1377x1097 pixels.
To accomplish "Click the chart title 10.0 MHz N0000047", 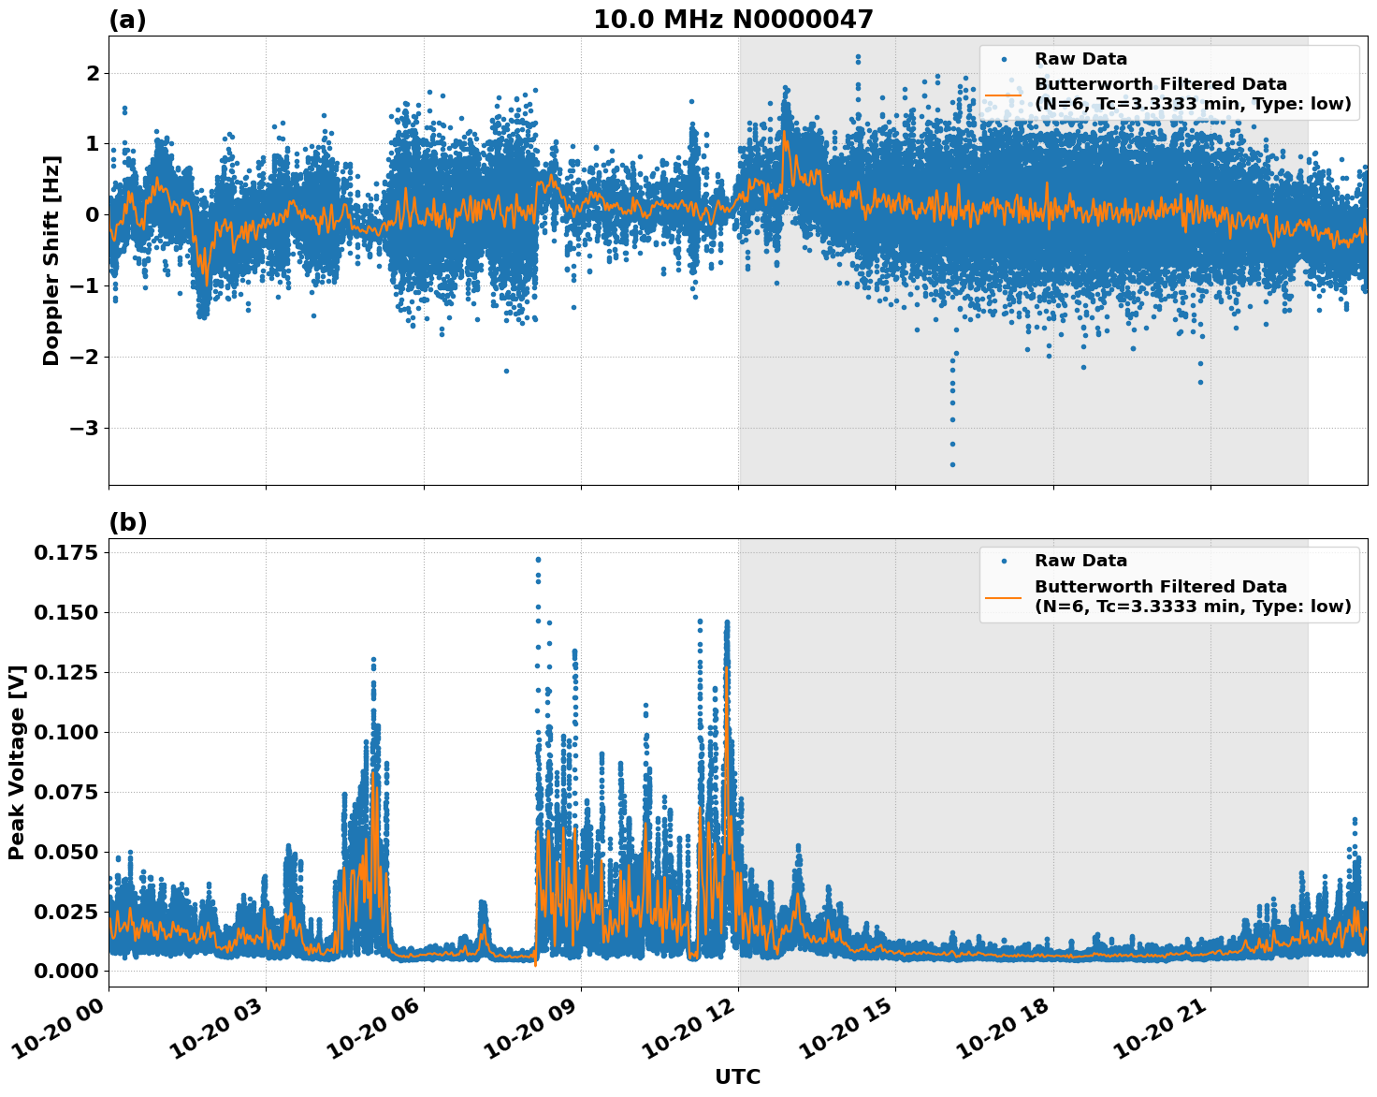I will coord(732,20).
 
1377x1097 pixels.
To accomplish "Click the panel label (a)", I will coord(127,20).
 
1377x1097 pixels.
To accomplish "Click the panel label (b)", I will coord(127,522).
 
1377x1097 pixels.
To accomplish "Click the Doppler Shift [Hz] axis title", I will coord(51,260).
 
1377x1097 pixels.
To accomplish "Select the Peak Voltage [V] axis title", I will coord(16,762).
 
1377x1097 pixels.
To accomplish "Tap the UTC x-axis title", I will coord(737,1076).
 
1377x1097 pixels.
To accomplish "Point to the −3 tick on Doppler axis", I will coord(87,428).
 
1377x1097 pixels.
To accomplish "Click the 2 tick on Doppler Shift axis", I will coord(93,73).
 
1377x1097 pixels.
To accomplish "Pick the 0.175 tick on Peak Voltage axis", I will coord(65,552).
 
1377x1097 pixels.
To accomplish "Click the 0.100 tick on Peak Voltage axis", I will coord(65,732).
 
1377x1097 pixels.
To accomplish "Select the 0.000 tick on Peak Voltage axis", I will coord(65,971).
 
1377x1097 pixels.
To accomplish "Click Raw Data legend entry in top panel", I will coord(1080,59).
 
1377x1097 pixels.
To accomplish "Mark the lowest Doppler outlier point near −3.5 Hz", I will coord(952,464).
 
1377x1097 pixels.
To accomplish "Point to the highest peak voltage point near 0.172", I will coord(538,559).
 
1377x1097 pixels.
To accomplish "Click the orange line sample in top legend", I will coord(1003,94).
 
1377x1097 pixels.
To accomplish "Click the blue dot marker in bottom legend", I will coord(1003,561).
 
